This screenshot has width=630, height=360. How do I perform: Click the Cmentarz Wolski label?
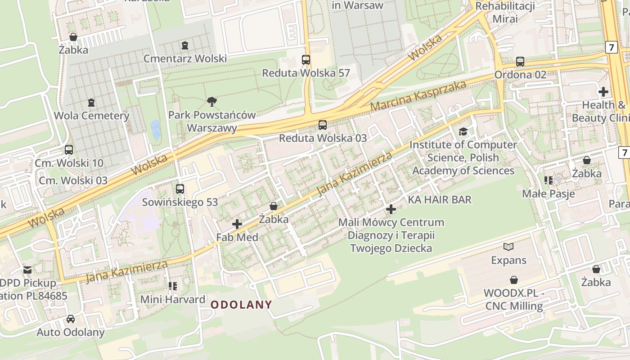tap(185, 59)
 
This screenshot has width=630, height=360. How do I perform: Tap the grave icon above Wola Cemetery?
tap(91, 103)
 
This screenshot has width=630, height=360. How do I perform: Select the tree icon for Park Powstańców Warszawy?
tap(211, 102)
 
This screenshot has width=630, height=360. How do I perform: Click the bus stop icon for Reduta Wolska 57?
tap(306, 59)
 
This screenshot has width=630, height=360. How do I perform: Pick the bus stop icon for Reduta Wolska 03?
tap(323, 125)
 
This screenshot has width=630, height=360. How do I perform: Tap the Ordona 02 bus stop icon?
tap(520, 61)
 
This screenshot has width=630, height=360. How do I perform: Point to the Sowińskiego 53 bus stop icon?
tap(180, 189)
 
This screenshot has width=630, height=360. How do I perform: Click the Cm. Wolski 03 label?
tap(73, 180)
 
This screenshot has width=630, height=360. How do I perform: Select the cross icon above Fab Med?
tap(237, 224)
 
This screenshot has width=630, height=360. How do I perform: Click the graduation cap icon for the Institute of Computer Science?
tap(463, 131)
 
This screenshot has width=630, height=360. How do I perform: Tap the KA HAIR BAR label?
tap(440, 199)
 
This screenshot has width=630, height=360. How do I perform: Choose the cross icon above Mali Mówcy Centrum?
tap(391, 209)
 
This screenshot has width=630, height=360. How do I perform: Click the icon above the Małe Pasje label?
tap(548, 180)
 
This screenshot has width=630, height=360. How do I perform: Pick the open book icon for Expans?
tap(508, 247)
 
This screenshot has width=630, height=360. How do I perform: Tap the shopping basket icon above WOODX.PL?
tap(513, 280)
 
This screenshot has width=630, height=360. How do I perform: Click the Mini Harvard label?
tap(173, 299)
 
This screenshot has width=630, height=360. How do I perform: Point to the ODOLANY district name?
tap(242, 305)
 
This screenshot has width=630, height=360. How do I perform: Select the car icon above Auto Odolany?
tap(71, 319)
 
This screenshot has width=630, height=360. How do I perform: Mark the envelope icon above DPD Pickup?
tap(27, 270)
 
